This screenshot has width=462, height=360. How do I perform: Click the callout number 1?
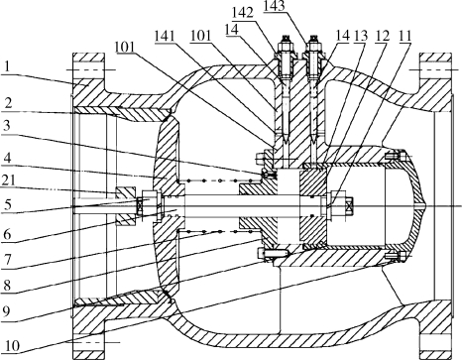click(7, 67)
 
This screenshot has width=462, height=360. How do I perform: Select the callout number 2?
click(8, 103)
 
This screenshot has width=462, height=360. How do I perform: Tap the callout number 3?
click(6, 126)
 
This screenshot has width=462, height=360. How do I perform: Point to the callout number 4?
click(7, 158)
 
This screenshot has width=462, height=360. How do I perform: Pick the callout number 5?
click(7, 205)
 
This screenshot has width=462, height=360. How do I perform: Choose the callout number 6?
click(7, 234)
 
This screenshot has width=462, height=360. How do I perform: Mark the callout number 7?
click(7, 260)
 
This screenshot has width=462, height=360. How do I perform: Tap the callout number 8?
click(7, 286)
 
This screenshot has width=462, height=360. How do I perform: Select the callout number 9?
click(7, 311)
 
